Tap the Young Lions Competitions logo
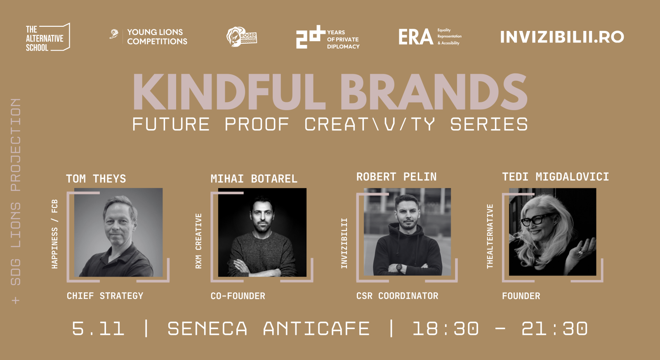click(x=149, y=37)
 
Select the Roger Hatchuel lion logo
click(x=241, y=37)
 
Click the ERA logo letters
click(x=415, y=37)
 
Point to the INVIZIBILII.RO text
click(x=562, y=37)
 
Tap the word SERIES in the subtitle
click(x=489, y=124)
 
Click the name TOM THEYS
click(x=96, y=179)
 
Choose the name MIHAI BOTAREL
click(x=254, y=179)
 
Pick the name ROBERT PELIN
click(x=396, y=177)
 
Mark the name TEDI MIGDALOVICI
click(x=555, y=177)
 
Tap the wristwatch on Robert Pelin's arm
click(x=399, y=267)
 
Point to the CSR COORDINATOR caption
click(x=397, y=296)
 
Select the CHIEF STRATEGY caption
click(x=105, y=296)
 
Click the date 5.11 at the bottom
click(x=98, y=329)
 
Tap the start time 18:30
click(x=445, y=329)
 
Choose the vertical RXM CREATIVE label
click(x=198, y=241)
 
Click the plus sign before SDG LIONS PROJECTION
click(x=16, y=301)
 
